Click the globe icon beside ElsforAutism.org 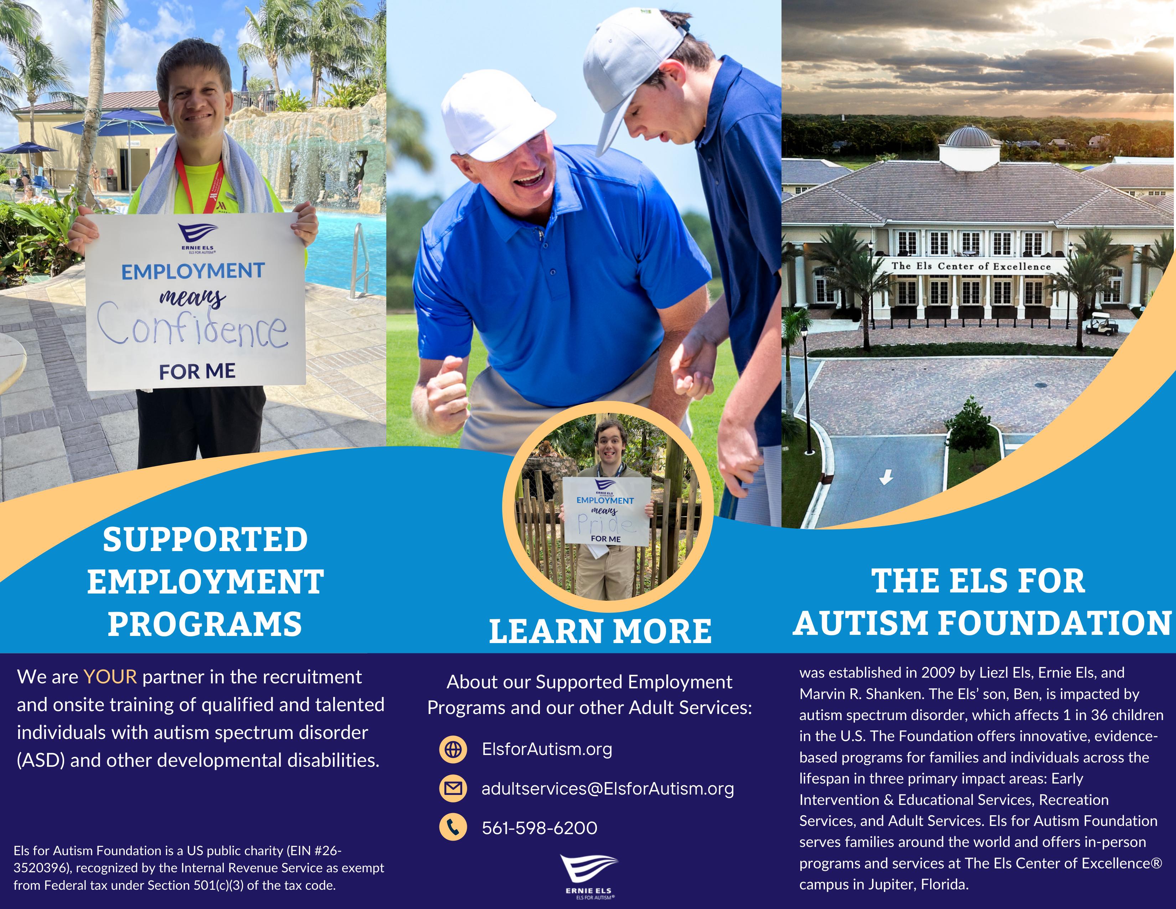[453, 749]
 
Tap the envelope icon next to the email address [453, 789]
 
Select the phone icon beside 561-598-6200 [453, 828]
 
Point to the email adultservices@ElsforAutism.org [607, 789]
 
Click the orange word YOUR [110, 677]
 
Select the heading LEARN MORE [600, 631]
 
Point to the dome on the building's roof [969, 137]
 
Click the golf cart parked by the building [1101, 324]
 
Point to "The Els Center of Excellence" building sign [971, 266]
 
